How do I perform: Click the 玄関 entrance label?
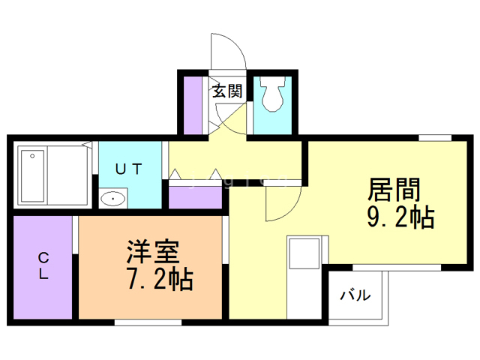click(227, 91)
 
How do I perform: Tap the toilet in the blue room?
click(272, 93)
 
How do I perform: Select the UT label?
click(129, 169)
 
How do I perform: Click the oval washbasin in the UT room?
click(113, 199)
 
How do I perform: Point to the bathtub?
click(32, 175)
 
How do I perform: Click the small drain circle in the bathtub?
click(32, 156)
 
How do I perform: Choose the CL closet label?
click(43, 265)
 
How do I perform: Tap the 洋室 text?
click(153, 252)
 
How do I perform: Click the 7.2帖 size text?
click(160, 279)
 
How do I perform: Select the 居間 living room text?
click(394, 189)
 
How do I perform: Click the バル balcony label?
click(355, 295)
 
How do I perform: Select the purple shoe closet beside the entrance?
click(193, 105)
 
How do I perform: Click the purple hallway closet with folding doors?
click(195, 197)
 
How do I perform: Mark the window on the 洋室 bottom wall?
click(148, 322)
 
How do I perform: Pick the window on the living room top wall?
click(435, 138)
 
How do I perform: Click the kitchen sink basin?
click(304, 253)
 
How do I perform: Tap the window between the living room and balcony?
click(397, 268)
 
